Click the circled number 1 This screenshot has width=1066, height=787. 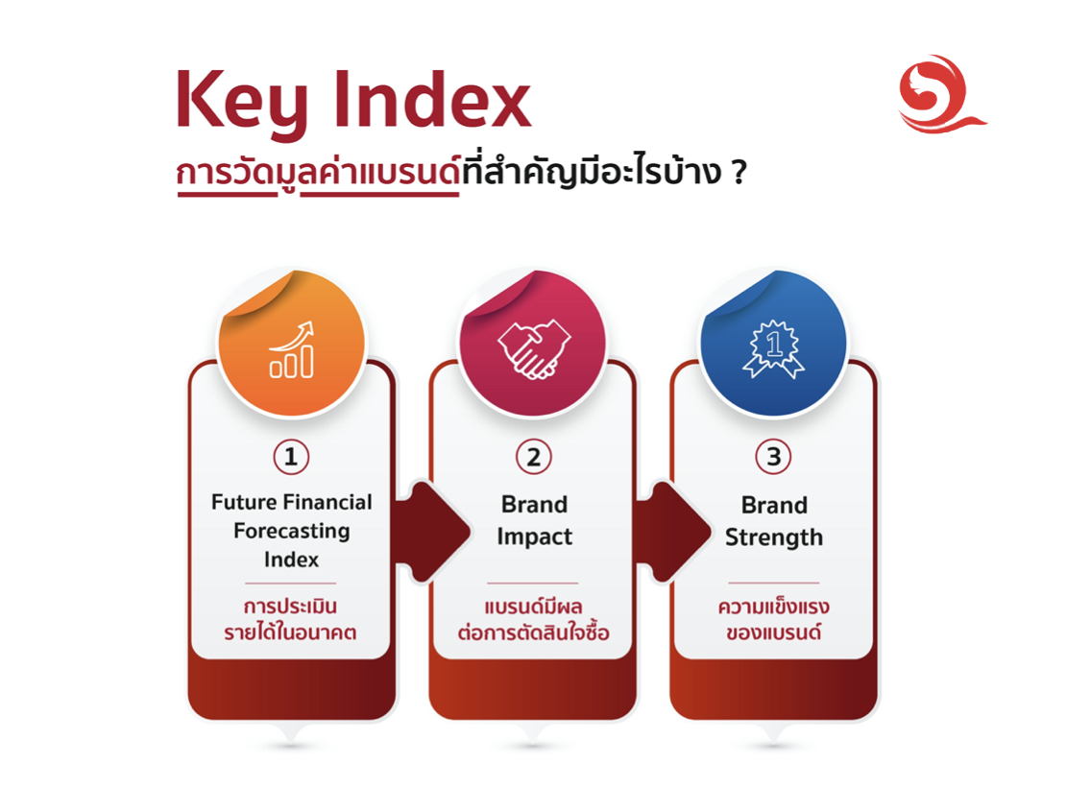coord(291,457)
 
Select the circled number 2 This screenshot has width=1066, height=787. coord(533,457)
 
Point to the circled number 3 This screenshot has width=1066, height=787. coord(773,457)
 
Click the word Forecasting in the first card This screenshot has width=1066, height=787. coord(291,531)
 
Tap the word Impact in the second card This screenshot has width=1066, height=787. coord(534,537)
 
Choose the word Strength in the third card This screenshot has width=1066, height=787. coord(774,537)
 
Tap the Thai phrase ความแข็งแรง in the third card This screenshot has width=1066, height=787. coord(773,608)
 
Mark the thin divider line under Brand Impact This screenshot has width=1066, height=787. coord(532,583)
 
